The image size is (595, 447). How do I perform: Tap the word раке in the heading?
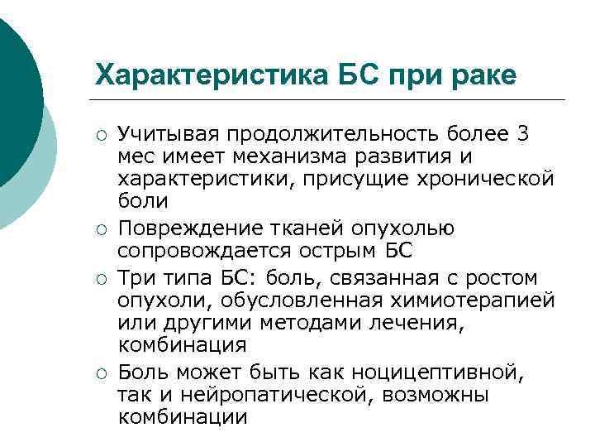click(478, 77)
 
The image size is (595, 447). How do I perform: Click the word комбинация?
click(182, 344)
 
